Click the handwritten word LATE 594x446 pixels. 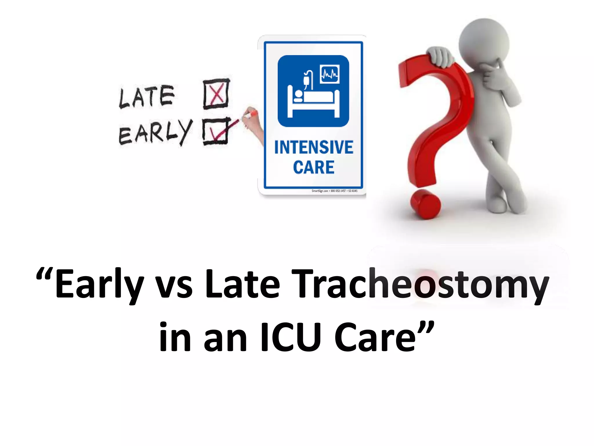147,97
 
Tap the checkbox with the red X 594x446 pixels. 216,94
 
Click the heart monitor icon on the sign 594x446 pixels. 329,74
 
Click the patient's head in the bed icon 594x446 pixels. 298,95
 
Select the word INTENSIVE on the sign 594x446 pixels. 314,147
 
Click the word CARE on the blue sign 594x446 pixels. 314,168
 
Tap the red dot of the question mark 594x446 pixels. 425,204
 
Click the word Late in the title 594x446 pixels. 242,284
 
